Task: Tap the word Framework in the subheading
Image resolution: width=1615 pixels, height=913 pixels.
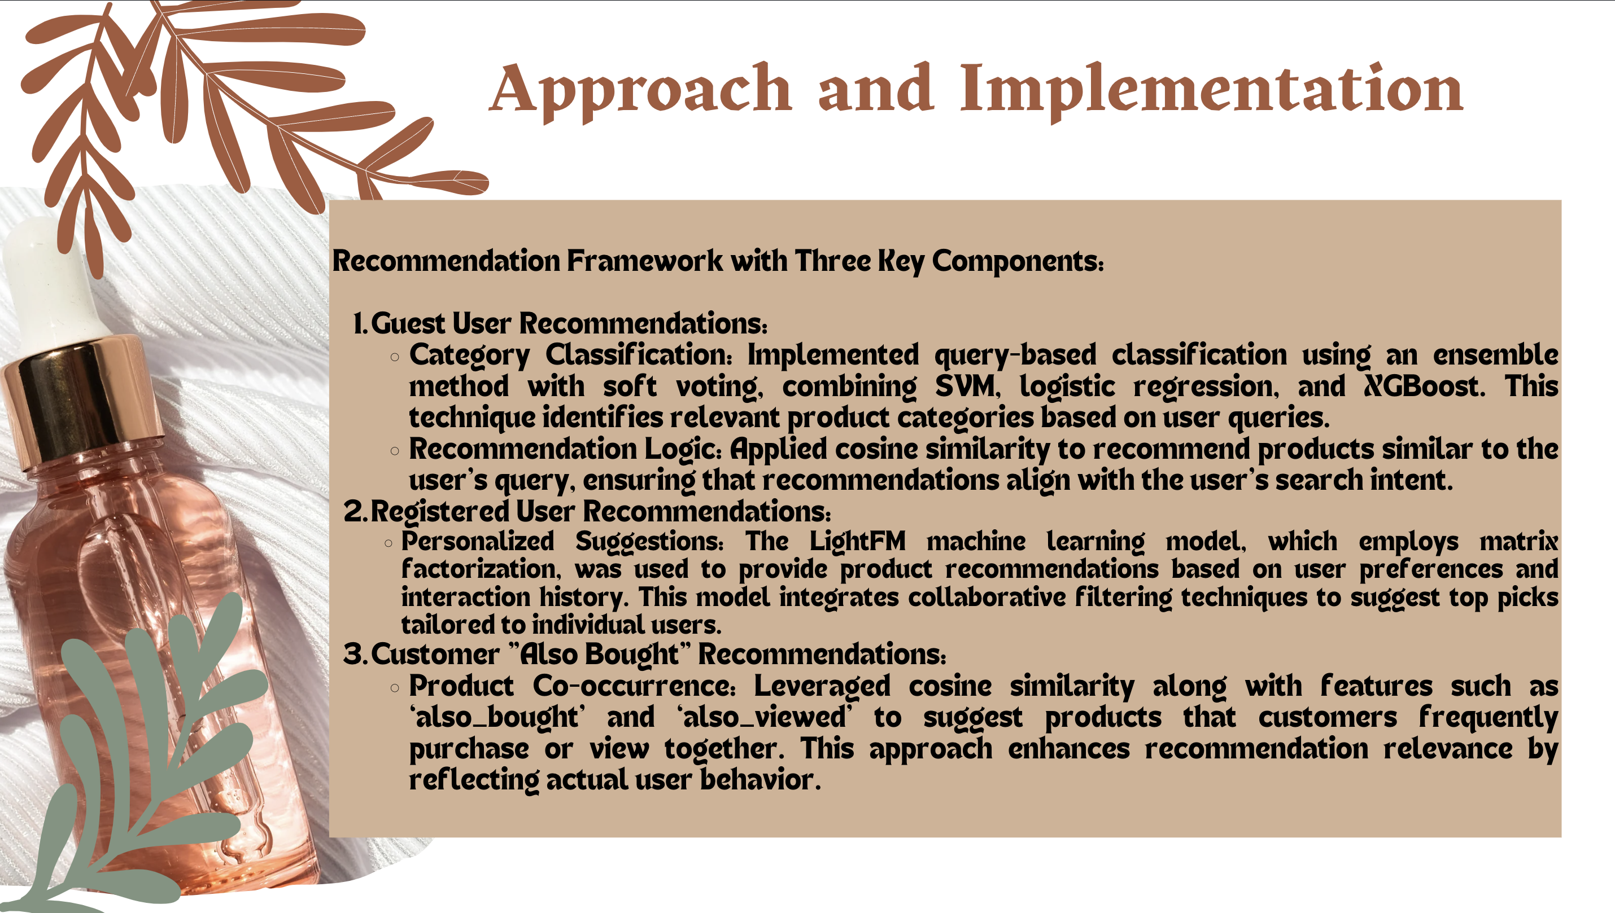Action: tap(644, 261)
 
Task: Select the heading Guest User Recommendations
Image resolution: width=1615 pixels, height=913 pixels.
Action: tap(569, 323)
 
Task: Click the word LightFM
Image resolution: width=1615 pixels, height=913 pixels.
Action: tap(858, 541)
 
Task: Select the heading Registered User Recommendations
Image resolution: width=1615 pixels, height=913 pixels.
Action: tap(600, 512)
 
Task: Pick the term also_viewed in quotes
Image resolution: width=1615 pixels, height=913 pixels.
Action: tap(765, 717)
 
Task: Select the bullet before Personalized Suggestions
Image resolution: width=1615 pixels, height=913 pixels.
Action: tap(389, 543)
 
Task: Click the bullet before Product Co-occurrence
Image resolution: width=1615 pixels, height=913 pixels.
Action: tap(395, 688)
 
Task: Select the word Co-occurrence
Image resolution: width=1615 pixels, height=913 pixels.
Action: tap(634, 686)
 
